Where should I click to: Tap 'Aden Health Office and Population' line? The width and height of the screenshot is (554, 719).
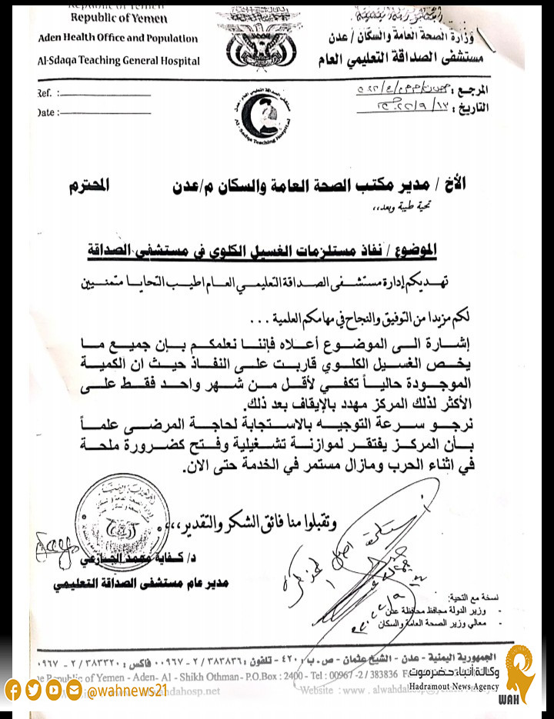(118, 38)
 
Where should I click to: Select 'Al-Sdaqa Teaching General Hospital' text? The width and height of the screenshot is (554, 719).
(118, 61)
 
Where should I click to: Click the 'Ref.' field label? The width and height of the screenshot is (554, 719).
(45, 93)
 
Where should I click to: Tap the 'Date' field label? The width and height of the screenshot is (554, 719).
(45, 112)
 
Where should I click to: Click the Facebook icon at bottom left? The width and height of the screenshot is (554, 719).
(13, 690)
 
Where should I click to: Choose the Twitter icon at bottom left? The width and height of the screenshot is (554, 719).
(33, 690)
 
